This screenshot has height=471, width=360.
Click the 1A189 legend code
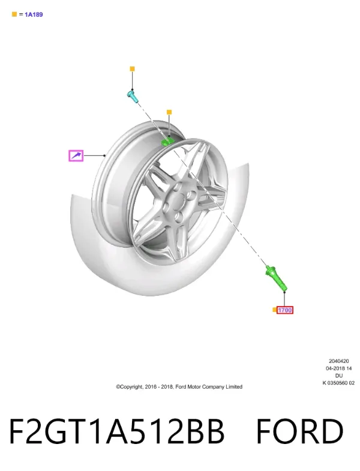(34, 14)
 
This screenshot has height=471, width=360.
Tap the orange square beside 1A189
(14, 14)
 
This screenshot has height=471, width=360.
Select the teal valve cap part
(132, 96)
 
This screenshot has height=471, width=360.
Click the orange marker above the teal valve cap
(132, 69)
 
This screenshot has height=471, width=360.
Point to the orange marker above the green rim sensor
(169, 112)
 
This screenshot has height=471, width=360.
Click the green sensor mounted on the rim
(168, 140)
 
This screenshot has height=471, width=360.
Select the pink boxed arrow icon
(76, 155)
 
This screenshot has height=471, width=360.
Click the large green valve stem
(277, 278)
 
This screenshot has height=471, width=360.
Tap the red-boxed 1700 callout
(284, 310)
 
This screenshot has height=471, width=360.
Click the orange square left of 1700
(274, 310)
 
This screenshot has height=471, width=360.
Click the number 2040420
(338, 361)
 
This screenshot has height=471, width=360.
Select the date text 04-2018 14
(338, 368)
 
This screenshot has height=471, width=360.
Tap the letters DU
(338, 376)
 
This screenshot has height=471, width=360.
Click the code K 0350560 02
(338, 383)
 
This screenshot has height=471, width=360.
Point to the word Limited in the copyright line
(234, 386)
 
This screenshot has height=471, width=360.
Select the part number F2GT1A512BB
(116, 431)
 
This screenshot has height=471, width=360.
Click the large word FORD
(299, 431)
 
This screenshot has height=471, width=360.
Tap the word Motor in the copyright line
(194, 386)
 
